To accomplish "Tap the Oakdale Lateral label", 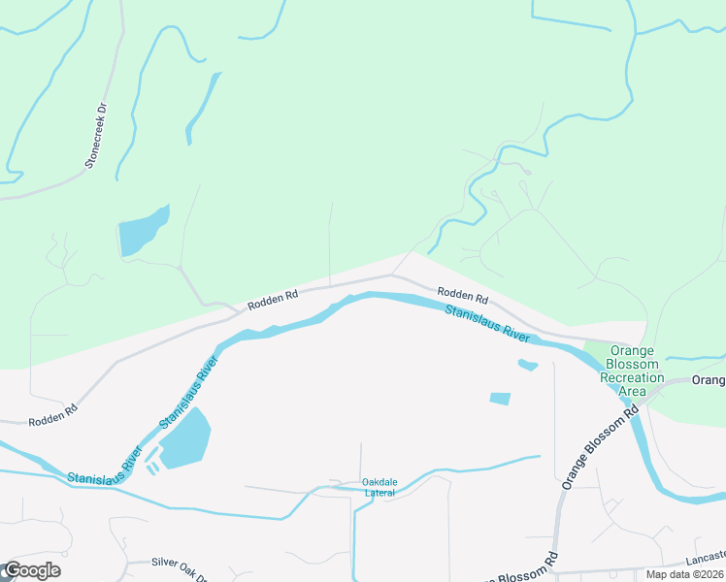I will click(379, 487).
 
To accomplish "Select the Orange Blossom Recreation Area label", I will click(632, 371).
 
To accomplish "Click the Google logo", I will click(31, 570).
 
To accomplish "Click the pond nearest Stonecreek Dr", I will click(142, 233).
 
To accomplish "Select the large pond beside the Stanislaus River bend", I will click(184, 438).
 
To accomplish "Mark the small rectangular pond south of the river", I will click(500, 398).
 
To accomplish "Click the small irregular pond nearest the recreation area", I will click(527, 365).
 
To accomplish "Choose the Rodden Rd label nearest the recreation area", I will click(462, 293).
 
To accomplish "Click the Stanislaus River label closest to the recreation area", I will click(487, 323).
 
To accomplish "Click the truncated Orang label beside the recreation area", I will click(709, 379).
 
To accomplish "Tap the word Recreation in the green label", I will click(632, 377).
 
